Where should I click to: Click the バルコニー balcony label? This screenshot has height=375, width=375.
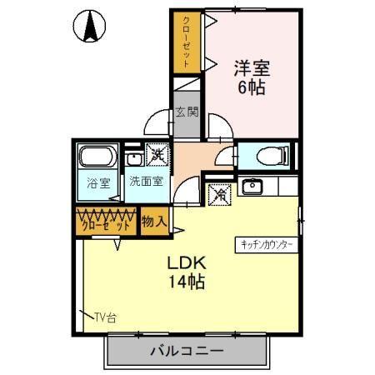[187, 351]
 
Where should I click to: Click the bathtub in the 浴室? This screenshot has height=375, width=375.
[98, 159]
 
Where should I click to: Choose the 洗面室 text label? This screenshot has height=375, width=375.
[146, 181]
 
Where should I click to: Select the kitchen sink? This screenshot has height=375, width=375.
[251, 186]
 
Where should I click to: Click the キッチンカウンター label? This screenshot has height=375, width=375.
[266, 245]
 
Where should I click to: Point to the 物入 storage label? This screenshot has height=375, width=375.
[153, 222]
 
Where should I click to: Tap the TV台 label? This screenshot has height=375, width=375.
[104, 317]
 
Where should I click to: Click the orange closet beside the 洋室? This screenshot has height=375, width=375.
[187, 42]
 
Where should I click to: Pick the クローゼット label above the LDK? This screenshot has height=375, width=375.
[105, 224]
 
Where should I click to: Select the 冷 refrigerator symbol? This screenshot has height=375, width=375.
[219, 193]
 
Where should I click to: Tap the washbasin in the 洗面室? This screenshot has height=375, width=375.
[134, 157]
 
